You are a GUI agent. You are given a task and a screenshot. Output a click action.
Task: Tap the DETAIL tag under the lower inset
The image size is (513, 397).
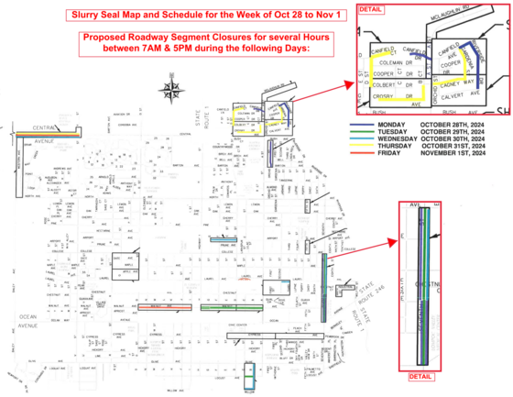[x=420, y=376]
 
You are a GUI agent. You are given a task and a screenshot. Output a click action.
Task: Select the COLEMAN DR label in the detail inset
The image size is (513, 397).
[x=388, y=64]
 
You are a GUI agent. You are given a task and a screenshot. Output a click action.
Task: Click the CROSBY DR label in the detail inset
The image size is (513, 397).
[x=386, y=94]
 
